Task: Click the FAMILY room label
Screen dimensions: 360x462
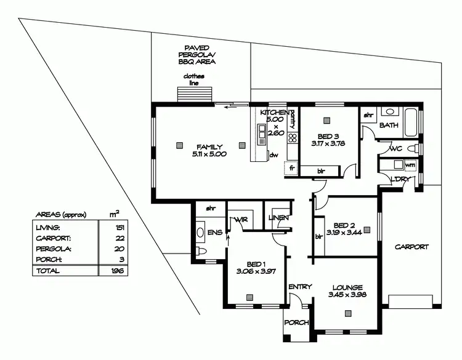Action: pyautogui.click(x=209, y=146)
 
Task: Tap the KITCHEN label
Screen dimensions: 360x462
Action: pyautogui.click(x=274, y=113)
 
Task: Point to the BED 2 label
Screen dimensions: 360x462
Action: pyautogui.click(x=344, y=225)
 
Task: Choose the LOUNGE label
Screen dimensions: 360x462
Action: pyautogui.click(x=348, y=287)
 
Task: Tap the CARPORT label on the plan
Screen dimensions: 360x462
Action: pyautogui.click(x=411, y=247)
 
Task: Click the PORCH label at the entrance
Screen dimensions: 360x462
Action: pyautogui.click(x=296, y=322)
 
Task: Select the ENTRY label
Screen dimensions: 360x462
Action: pyautogui.click(x=300, y=287)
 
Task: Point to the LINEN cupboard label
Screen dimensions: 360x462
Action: pyautogui.click(x=278, y=218)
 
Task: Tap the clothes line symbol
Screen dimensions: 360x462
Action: pyautogui.click(x=193, y=95)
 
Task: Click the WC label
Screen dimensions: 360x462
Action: pyautogui.click(x=396, y=148)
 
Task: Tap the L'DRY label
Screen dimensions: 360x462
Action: pyautogui.click(x=400, y=179)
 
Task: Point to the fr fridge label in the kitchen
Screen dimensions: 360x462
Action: pyautogui.click(x=292, y=167)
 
